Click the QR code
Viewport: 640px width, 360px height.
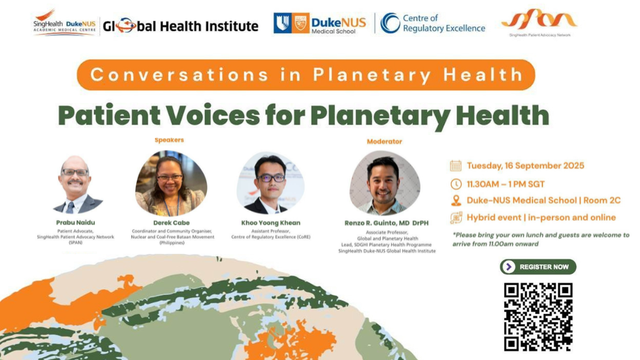pos(538,316)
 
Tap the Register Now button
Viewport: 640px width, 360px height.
pos(538,267)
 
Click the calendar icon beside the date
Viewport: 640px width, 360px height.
pos(456,166)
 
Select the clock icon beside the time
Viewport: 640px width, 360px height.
pos(456,184)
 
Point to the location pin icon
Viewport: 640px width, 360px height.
pos(456,201)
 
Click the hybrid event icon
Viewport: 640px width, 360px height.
pos(456,217)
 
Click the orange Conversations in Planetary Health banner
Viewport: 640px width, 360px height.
pos(306,75)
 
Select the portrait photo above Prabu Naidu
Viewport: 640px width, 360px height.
pos(77,185)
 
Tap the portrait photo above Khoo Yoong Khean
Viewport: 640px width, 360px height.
pos(270,183)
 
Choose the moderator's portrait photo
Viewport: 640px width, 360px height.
pos(384,183)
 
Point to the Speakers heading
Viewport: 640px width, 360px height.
pos(169,140)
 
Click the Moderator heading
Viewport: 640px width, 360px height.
pos(384,141)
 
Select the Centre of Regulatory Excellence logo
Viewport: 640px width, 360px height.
pos(433,23)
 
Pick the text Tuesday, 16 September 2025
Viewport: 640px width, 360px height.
pos(525,166)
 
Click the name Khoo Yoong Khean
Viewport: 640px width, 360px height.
pos(271,222)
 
